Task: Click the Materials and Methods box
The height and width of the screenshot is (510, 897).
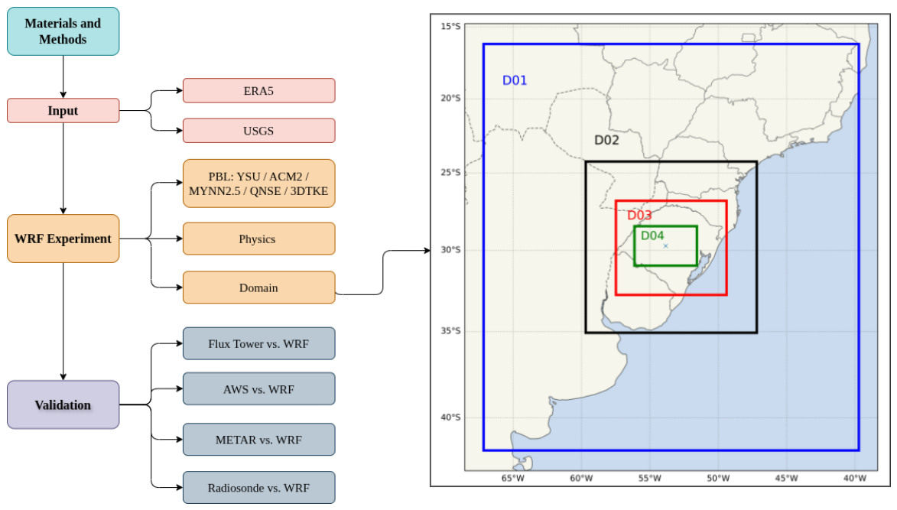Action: [x=63, y=31]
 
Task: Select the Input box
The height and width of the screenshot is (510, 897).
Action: [x=63, y=110]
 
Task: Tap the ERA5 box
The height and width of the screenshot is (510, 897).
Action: [x=258, y=91]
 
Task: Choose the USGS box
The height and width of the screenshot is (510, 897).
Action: [x=258, y=130]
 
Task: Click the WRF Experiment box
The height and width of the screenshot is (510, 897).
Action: [x=63, y=239]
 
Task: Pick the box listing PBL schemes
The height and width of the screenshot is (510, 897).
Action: [x=258, y=184]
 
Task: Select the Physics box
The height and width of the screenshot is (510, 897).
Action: [x=258, y=239]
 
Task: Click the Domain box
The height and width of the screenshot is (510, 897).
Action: [x=258, y=287]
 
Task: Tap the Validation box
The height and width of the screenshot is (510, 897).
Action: [x=63, y=404]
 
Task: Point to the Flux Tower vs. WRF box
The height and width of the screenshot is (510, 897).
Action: [x=258, y=343]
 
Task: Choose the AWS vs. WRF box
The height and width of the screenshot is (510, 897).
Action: [x=258, y=388]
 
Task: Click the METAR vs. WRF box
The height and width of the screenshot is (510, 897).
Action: [x=258, y=440]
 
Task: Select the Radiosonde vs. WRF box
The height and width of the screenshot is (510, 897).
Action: [x=258, y=488]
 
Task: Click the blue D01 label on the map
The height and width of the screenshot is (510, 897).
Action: [x=515, y=80]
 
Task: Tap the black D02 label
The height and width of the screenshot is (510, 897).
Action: [x=606, y=140]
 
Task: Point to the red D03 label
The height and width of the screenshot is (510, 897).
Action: [x=639, y=215]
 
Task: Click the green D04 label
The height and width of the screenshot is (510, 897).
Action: [x=652, y=236]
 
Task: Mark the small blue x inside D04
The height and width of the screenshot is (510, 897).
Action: [x=665, y=246]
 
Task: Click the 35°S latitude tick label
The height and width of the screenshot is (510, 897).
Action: [x=450, y=330]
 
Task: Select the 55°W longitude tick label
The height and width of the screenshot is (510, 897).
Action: [x=649, y=478]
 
